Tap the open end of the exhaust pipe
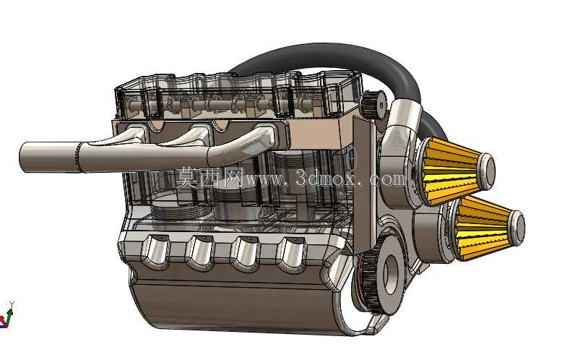click(23, 158)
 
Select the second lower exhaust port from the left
click(200, 254)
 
